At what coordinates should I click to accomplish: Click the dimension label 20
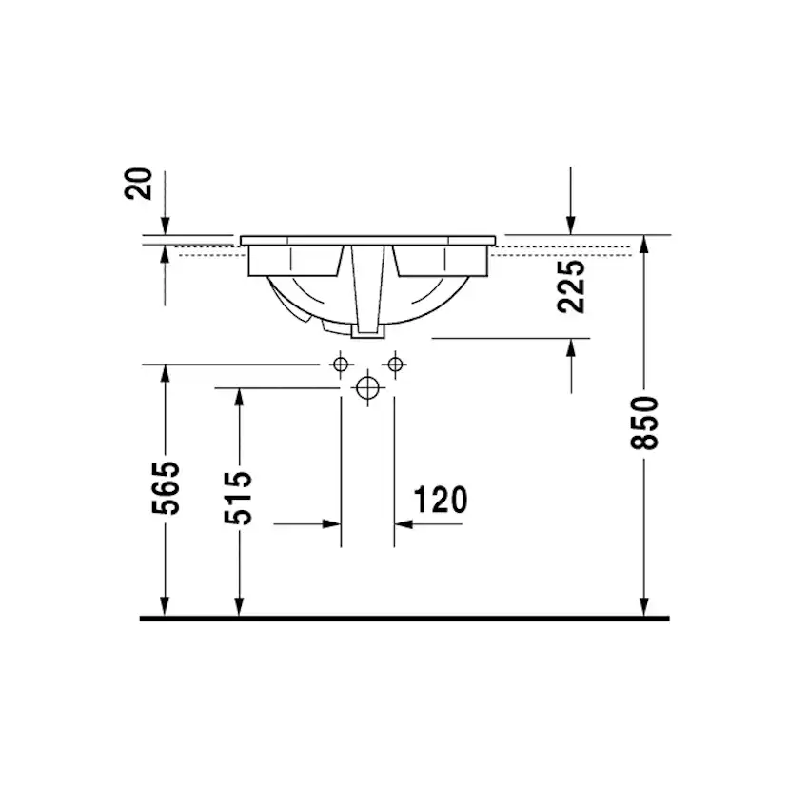tap(138, 184)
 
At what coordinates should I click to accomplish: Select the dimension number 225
tap(571, 286)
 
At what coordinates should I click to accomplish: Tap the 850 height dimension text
tap(644, 423)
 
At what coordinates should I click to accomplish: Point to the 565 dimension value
tap(166, 487)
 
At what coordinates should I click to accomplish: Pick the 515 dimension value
tap(238, 498)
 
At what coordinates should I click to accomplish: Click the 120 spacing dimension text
tap(441, 500)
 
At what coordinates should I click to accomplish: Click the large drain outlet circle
tap(367, 388)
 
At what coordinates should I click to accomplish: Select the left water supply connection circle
tap(341, 364)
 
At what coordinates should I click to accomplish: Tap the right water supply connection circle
tap(395, 364)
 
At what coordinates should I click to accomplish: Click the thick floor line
tap(404, 619)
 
